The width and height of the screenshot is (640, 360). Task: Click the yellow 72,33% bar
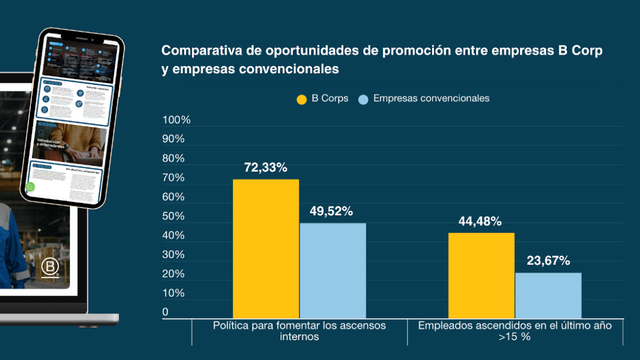coord(266,249)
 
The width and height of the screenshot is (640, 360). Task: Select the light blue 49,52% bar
coord(333,270)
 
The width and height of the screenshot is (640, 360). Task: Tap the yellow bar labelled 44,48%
coord(481,275)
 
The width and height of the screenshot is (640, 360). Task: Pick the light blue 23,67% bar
coord(548,295)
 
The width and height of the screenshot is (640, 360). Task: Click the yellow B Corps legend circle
coord(302,99)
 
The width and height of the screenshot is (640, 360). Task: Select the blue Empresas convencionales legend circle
coord(363,99)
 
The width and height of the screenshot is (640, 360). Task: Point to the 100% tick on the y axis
coord(177,120)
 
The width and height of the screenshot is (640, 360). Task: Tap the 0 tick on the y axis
coord(165,312)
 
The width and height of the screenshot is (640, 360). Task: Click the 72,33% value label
coord(266,167)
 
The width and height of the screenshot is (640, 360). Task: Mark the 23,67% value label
coord(548,261)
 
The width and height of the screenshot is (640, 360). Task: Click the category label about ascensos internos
coord(299,331)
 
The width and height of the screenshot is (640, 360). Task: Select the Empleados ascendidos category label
coord(515,331)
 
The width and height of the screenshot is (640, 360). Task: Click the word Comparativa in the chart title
coord(194,51)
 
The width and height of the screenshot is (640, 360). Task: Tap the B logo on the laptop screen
coord(51,267)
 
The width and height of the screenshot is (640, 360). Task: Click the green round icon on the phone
coord(31,187)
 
